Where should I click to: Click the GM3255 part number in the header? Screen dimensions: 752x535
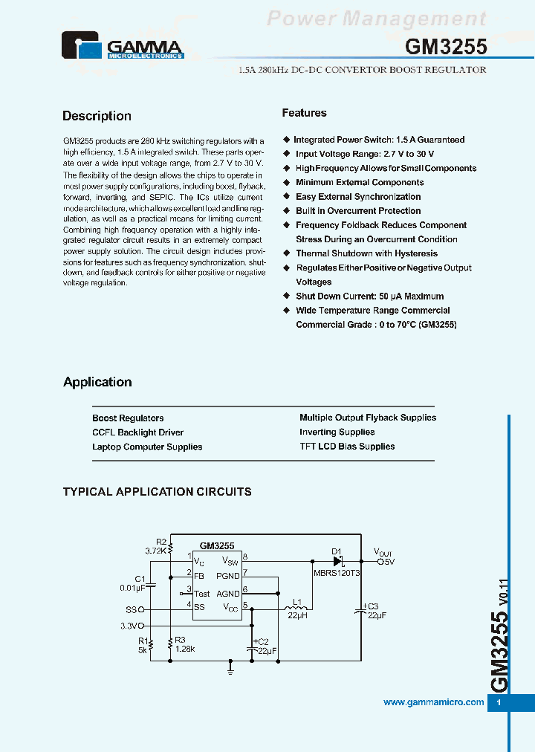tap(446, 47)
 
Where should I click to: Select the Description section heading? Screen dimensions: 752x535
tap(97, 116)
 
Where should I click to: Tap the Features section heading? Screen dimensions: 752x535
tap(304, 113)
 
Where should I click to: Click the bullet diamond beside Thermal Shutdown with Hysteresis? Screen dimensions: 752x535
tap(287, 253)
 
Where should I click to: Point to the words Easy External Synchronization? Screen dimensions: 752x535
tap(358, 197)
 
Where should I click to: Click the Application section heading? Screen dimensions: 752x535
tap(97, 382)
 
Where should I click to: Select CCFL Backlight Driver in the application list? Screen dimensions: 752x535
tap(137, 432)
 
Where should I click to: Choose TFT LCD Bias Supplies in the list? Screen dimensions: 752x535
tap(347, 447)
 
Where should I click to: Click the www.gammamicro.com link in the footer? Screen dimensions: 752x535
tap(433, 702)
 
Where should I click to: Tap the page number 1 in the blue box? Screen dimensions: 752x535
tap(499, 703)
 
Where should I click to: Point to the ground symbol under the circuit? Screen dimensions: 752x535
tap(230, 671)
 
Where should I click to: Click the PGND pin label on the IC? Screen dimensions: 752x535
tap(228, 576)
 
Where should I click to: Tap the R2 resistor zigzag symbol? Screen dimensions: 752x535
tap(171, 548)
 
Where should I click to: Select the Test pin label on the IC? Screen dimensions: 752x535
tap(201, 594)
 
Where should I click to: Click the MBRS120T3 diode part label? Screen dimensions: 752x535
tap(337, 574)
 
